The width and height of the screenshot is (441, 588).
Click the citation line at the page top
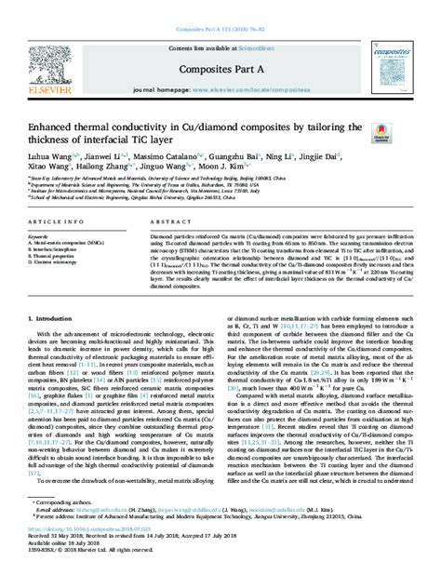220,7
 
